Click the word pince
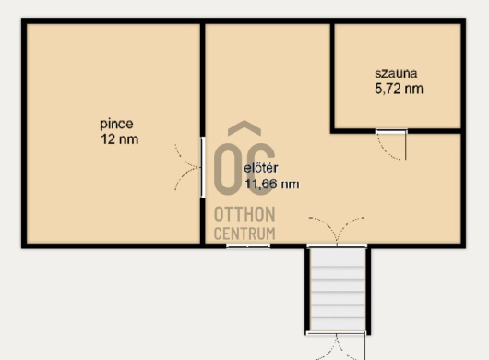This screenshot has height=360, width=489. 116,125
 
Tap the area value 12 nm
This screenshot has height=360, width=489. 119,139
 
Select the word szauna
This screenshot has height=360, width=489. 396,73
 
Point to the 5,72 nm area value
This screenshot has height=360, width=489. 399,89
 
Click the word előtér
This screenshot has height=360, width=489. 261,168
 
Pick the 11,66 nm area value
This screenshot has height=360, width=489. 272,184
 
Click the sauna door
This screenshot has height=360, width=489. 392,145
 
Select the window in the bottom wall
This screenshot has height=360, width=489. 248,246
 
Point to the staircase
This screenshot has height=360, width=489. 338,289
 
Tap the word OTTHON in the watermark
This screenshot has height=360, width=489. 244,214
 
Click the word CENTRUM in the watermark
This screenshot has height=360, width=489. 244,234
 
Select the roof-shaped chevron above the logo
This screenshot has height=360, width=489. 244,128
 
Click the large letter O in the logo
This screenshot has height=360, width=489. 227,169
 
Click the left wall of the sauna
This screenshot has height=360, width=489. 332,77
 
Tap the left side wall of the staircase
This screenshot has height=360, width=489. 307,290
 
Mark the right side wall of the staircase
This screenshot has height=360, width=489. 368,291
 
